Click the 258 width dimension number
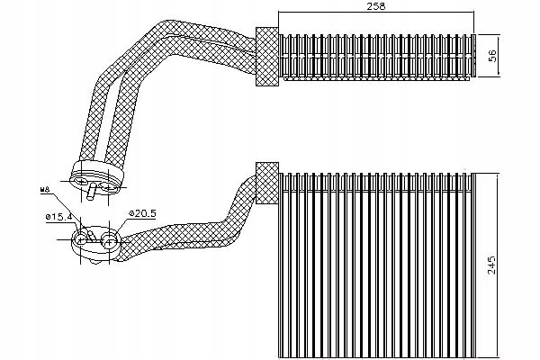[x=376, y=8]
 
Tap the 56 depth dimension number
[x=492, y=54]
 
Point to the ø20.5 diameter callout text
[x=142, y=213]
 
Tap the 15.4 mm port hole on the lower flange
[x=81, y=238]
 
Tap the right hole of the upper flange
[x=108, y=175]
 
